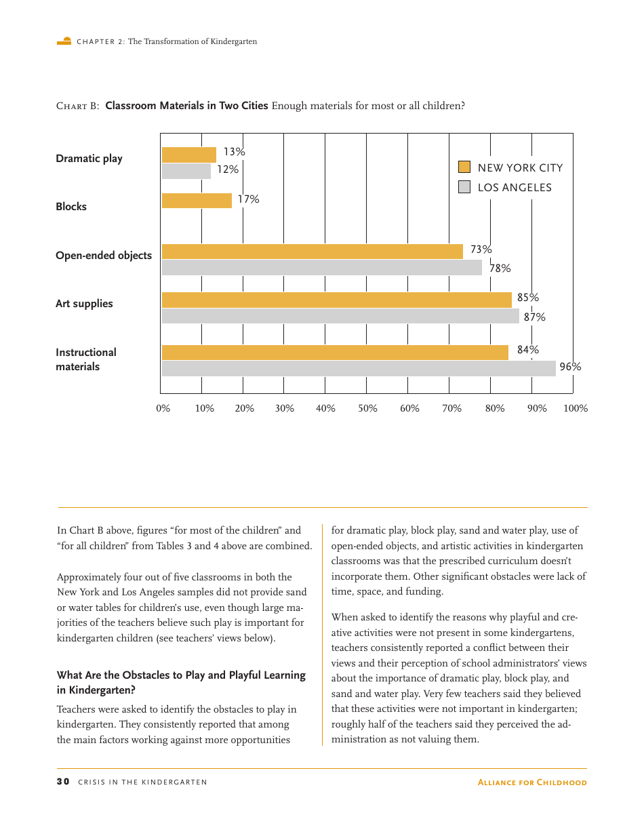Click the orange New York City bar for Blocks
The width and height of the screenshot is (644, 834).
coord(197,201)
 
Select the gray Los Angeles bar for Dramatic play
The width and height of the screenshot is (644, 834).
coord(186,171)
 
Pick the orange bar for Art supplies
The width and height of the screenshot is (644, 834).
coord(336,300)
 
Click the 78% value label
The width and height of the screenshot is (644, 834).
coord(500,269)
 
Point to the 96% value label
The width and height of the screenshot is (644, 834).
coord(570,367)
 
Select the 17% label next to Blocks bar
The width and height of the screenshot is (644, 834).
coord(248,199)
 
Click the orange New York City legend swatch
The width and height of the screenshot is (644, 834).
coord(464,167)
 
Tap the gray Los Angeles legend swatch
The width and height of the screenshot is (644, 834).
coord(464,187)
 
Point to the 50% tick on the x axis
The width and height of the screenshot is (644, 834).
coord(367,409)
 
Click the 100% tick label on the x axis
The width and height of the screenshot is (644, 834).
coord(576,409)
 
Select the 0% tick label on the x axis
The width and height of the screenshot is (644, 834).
coord(163,409)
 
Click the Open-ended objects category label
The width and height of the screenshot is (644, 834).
coord(104,256)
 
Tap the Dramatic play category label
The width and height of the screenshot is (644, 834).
coord(89,159)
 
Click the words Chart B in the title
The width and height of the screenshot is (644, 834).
coord(77,106)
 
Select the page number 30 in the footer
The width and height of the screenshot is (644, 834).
coord(62,782)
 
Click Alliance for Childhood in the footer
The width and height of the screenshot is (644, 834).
coord(532,782)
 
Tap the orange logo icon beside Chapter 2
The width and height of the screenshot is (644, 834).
coord(64,41)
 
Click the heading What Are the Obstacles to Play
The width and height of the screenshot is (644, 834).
coord(181,675)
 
